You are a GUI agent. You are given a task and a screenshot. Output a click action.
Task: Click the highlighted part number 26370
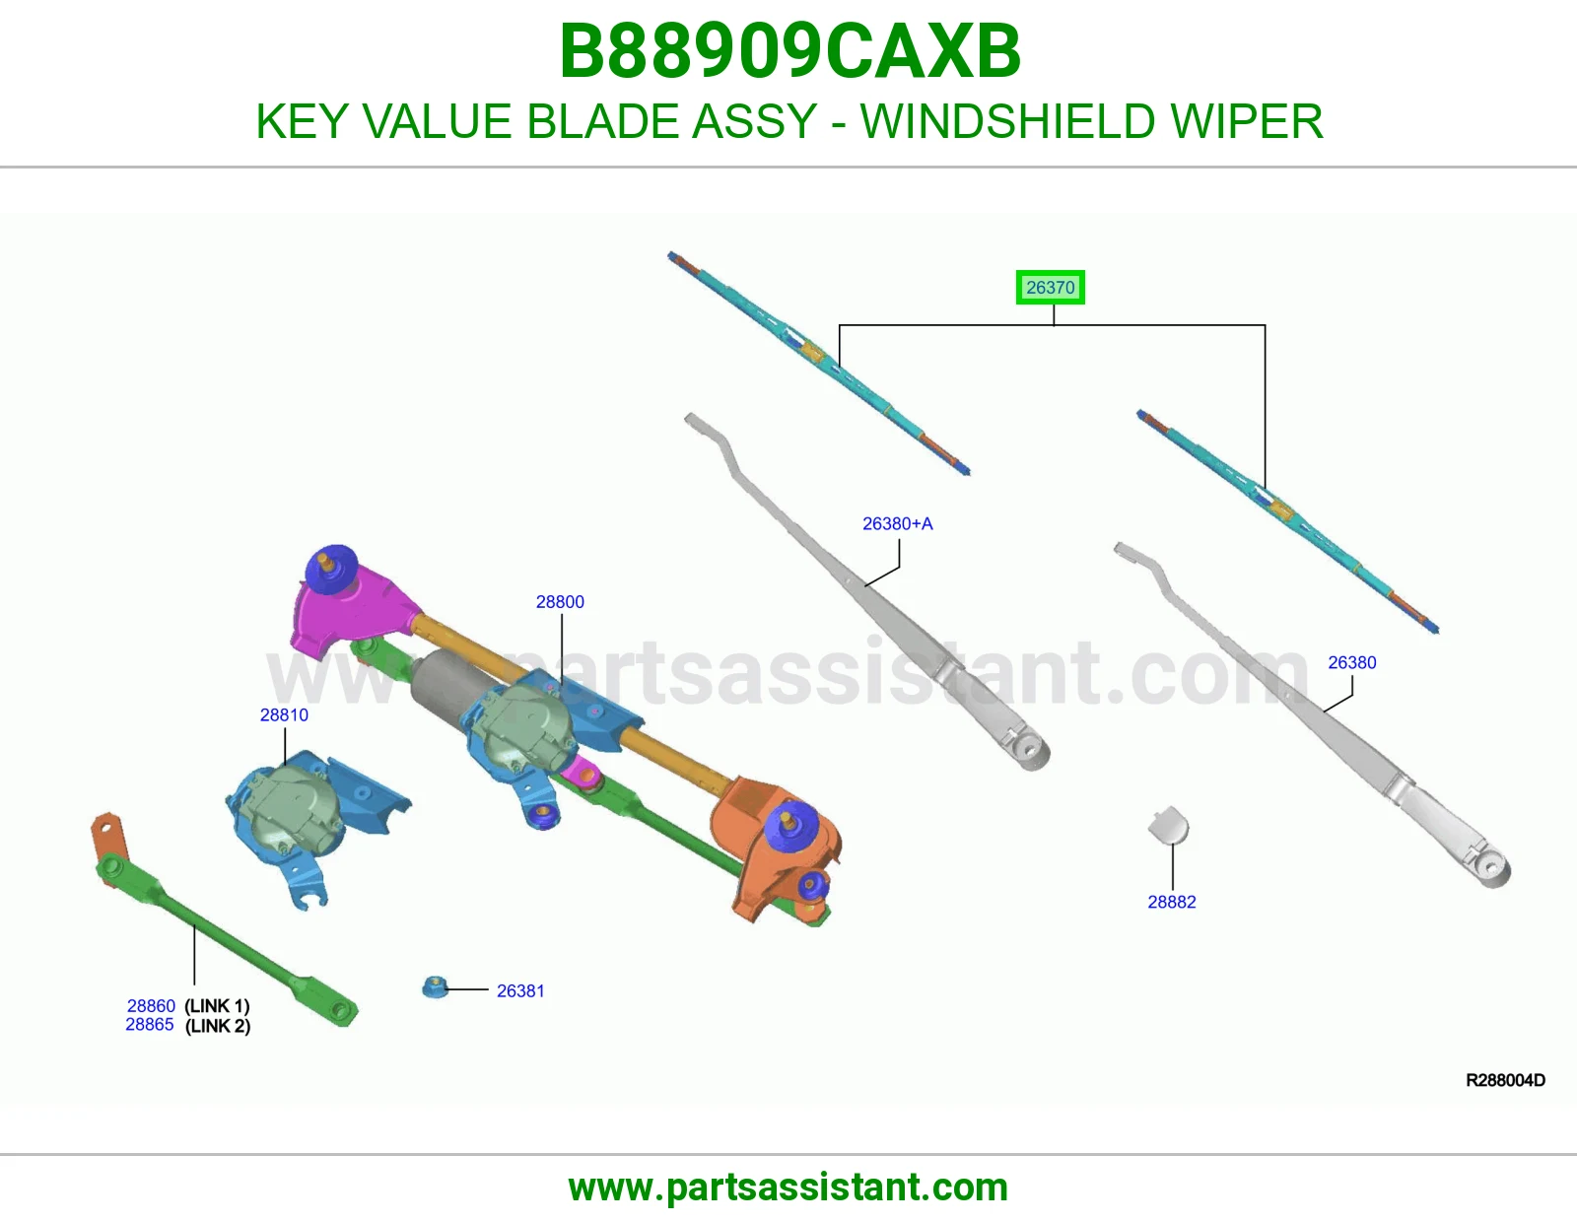pyautogui.click(x=1050, y=288)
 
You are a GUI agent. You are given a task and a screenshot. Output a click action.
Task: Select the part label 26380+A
pyautogui.click(x=898, y=523)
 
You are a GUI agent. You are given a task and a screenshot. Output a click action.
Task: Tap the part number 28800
pyautogui.click(x=560, y=601)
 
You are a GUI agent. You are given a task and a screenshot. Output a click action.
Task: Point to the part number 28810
pyautogui.click(x=284, y=714)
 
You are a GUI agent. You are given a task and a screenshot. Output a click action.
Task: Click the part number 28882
pyautogui.click(x=1171, y=902)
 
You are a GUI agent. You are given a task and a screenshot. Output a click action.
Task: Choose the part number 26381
pyautogui.click(x=520, y=991)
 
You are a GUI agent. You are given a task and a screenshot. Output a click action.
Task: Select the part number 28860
pyautogui.click(x=151, y=1006)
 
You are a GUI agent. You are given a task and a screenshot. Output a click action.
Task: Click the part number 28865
pyautogui.click(x=150, y=1025)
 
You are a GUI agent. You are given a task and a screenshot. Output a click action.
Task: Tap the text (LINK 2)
pyautogui.click(x=218, y=1026)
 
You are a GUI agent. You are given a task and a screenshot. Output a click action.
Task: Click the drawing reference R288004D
pyautogui.click(x=1505, y=1080)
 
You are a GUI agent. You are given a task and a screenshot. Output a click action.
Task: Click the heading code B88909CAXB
pyautogui.click(x=789, y=51)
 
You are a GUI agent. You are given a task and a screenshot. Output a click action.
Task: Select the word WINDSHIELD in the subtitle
pyautogui.click(x=1007, y=121)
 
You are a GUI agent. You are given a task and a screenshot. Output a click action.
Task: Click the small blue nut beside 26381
pyautogui.click(x=435, y=987)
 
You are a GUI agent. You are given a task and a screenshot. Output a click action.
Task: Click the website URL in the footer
pyautogui.click(x=788, y=1188)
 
